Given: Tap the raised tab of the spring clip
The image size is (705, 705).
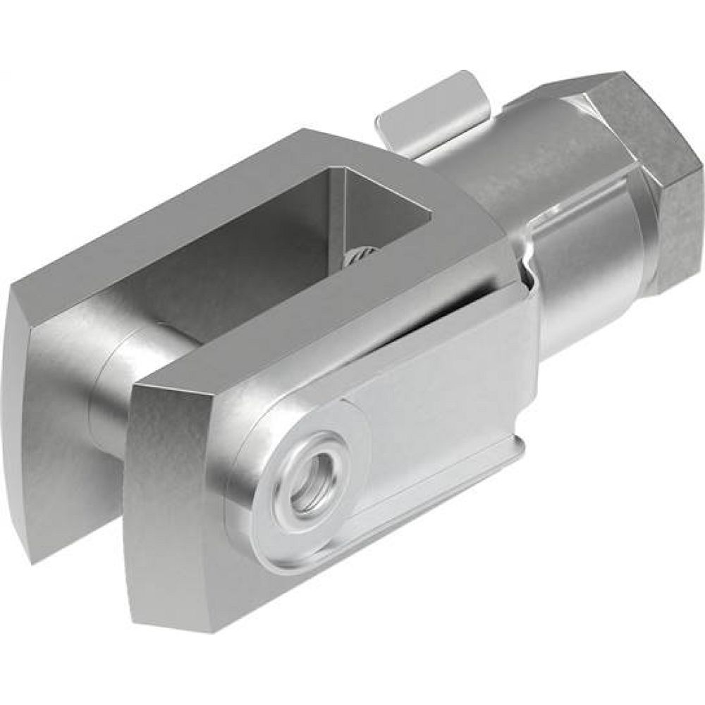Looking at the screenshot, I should [x=431, y=106].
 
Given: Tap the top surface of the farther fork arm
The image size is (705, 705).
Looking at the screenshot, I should [x=211, y=211].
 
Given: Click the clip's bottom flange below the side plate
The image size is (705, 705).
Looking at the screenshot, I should [x=423, y=493].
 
